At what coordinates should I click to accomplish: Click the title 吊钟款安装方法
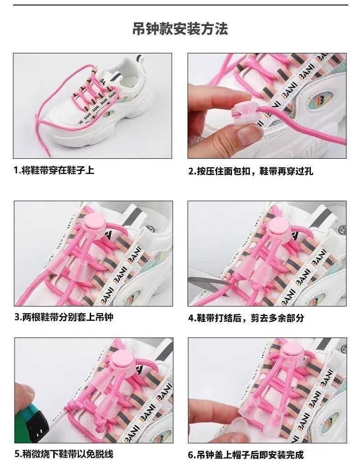(180, 29)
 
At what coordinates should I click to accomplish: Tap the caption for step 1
(54, 171)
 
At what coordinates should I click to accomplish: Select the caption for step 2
(251, 172)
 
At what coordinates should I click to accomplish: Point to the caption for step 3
(64, 317)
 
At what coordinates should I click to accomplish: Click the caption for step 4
(246, 318)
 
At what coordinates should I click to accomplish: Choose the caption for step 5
(64, 454)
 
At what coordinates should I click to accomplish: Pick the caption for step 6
(246, 455)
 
